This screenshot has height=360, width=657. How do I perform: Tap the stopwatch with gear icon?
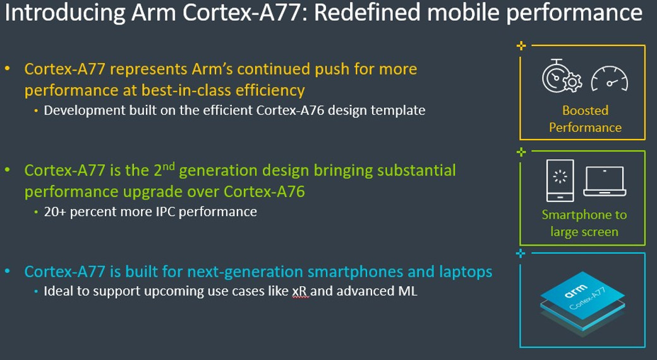(x=562, y=76)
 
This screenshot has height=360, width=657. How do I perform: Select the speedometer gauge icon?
(x=609, y=79)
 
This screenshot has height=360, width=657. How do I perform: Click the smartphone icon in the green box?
(x=560, y=181)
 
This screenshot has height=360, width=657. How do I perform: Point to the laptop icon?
(x=605, y=181)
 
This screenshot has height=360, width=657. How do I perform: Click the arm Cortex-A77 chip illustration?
(x=582, y=303)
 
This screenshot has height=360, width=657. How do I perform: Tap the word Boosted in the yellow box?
(x=585, y=111)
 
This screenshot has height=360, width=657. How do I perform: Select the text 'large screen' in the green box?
(x=584, y=232)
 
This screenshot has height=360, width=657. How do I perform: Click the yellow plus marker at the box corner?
(x=521, y=45)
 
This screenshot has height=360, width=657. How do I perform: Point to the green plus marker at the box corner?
(x=521, y=152)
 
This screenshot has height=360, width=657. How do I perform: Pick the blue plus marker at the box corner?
(x=521, y=253)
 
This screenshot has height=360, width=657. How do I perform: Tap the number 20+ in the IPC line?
(x=54, y=212)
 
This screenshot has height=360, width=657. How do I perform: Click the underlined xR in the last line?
(x=300, y=291)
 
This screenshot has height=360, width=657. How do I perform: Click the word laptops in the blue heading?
(x=466, y=272)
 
